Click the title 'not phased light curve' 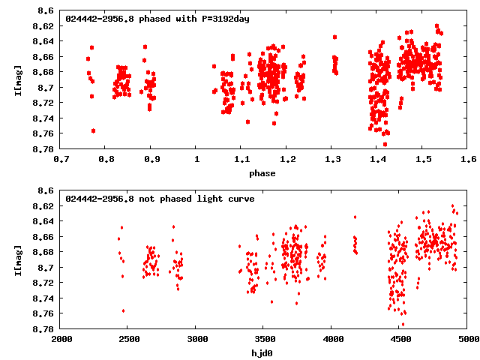pyautogui.click(x=150, y=199)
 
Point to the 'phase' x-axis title pyautogui.click(x=262, y=174)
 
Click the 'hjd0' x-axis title pyautogui.click(x=262, y=354)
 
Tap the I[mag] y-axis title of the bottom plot pyautogui.click(x=18, y=259)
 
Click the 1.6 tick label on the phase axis pyautogui.click(x=469, y=159)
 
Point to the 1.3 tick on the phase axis pyautogui.click(x=332, y=159)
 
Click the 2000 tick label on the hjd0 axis pyautogui.click(x=61, y=339)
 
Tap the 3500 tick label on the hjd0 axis pyautogui.click(x=264, y=339)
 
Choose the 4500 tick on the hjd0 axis pyautogui.click(x=400, y=339)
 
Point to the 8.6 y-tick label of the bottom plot pyautogui.click(x=46, y=190)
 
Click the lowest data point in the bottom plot pyautogui.click(x=403, y=325)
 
